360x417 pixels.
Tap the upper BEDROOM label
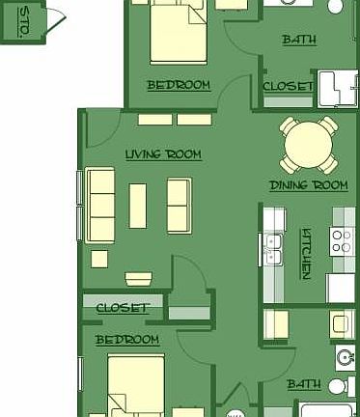(x=178, y=85)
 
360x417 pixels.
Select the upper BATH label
(x=299, y=40)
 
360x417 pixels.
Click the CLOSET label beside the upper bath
(x=289, y=86)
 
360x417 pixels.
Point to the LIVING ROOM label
(x=163, y=153)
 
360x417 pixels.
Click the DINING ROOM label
(x=308, y=184)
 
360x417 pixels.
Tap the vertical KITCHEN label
(x=306, y=253)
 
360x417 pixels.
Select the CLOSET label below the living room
(x=123, y=308)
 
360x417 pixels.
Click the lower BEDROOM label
(x=126, y=340)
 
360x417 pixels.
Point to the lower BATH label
(x=303, y=384)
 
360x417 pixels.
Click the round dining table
(x=309, y=144)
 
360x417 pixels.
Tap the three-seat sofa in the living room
(x=100, y=205)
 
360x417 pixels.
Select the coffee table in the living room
(x=138, y=206)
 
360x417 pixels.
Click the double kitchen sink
(x=271, y=249)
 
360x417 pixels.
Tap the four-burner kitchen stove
(x=343, y=240)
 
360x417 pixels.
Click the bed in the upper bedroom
(x=178, y=35)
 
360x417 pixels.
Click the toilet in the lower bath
(x=337, y=386)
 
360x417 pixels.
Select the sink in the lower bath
(x=346, y=357)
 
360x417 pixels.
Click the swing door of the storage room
(x=55, y=20)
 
